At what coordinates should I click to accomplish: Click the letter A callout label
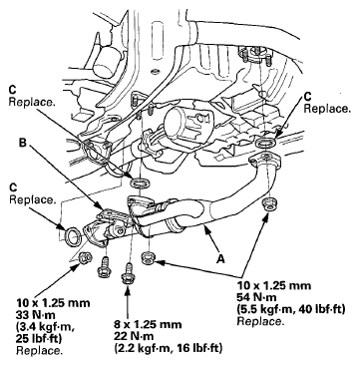[x=217, y=255]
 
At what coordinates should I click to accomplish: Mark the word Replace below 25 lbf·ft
[x=31, y=349]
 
